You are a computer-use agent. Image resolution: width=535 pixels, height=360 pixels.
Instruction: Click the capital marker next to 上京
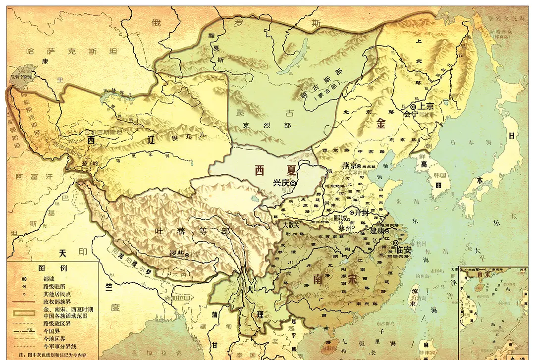click(x=413, y=106)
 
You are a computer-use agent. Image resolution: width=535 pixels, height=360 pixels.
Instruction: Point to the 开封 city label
click(x=363, y=213)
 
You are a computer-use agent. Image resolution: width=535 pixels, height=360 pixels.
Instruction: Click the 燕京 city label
click(x=351, y=166)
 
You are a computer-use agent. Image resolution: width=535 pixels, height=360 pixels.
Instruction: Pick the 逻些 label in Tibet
click(x=176, y=254)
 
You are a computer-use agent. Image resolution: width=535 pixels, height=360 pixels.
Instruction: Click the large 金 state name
click(x=380, y=124)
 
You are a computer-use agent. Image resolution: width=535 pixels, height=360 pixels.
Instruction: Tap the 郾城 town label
click(x=341, y=218)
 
